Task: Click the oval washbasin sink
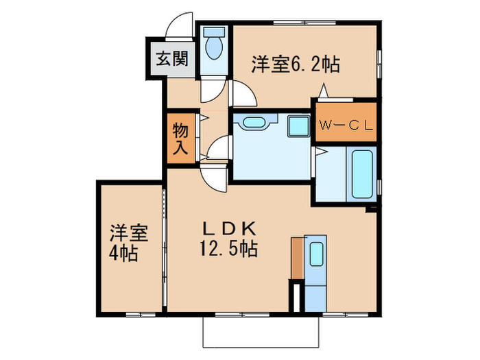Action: click(x=252, y=123)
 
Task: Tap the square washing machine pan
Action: click(x=298, y=126)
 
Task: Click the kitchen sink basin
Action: click(x=316, y=254)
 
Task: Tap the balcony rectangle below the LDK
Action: click(x=261, y=333)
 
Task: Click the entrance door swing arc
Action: click(x=180, y=26)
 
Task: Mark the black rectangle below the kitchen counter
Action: click(x=297, y=296)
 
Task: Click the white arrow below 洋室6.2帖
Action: click(x=323, y=90)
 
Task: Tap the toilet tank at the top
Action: click(x=214, y=32)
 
